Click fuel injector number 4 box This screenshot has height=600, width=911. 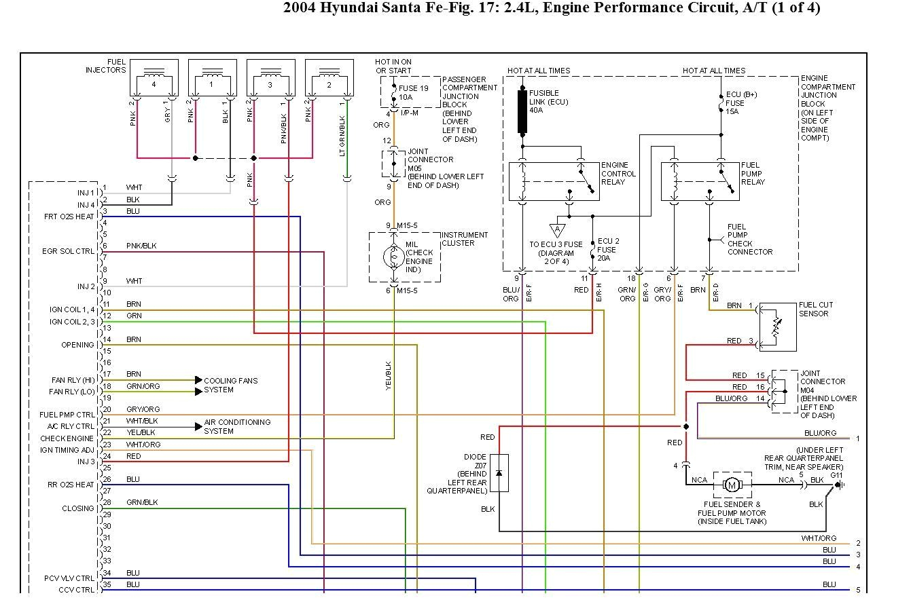(154, 78)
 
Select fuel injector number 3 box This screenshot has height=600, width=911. (270, 78)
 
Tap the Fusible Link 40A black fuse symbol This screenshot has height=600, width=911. (522, 111)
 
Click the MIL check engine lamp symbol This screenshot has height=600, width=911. (393, 257)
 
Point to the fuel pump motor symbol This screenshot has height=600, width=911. (732, 485)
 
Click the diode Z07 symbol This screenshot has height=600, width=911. (499, 472)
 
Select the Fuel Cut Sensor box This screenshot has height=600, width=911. (777, 327)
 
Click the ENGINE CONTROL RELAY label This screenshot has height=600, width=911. (618, 174)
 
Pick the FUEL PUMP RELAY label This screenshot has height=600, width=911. (753, 174)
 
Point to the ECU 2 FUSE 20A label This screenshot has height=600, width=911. (608, 249)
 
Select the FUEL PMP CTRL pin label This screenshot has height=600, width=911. (67, 414)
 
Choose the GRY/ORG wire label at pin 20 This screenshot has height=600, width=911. (143, 409)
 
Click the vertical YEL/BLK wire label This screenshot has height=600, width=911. (389, 375)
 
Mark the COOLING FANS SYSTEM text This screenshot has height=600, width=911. (230, 385)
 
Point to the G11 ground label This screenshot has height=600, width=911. (836, 474)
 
